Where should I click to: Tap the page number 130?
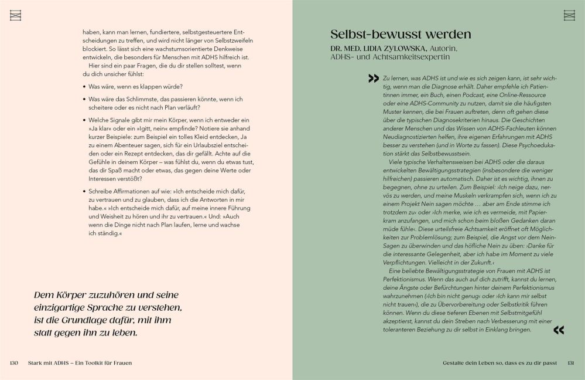[15, 363]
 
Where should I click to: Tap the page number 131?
[570, 363]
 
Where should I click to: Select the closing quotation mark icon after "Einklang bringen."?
[558, 330]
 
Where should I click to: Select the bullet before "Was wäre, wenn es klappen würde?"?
[84, 87]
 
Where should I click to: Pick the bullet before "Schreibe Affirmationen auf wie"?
[84, 192]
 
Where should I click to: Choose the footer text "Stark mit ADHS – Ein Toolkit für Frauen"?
[80, 363]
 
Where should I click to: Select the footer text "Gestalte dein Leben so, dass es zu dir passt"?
[501, 363]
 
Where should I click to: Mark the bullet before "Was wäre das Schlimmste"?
[84, 100]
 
